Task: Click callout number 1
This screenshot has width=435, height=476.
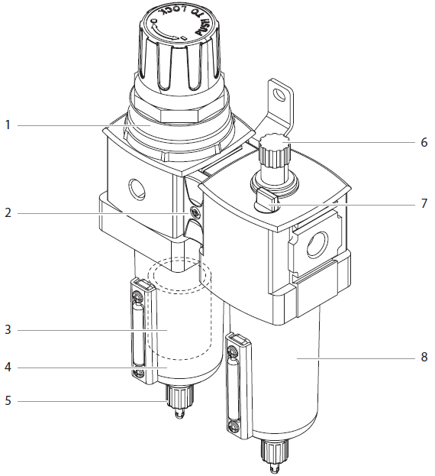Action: (8, 125)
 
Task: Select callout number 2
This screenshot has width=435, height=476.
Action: (8, 213)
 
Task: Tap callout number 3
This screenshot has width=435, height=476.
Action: (8, 330)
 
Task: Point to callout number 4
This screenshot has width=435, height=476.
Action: (8, 368)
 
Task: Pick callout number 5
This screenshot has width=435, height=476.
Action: (8, 401)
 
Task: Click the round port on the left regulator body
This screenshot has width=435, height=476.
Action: (139, 188)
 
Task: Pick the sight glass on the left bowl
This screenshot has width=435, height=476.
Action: (137, 330)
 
